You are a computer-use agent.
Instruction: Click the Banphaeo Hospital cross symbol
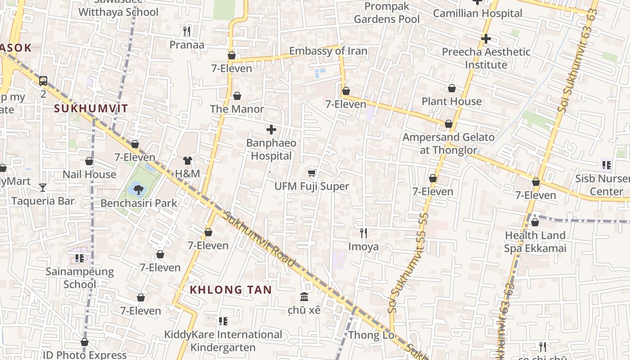click(271, 130)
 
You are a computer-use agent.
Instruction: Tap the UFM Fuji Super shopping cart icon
click(312, 173)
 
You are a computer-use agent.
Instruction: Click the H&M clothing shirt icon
click(188, 161)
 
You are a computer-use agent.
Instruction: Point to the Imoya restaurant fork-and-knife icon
click(364, 233)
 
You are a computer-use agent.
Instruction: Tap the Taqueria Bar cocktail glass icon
click(43, 187)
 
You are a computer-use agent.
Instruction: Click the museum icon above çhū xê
click(304, 297)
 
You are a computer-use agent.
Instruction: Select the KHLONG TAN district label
click(231, 290)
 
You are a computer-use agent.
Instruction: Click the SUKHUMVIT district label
click(91, 108)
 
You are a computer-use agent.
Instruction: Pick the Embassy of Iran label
click(328, 51)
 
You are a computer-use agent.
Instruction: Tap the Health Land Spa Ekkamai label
click(535, 242)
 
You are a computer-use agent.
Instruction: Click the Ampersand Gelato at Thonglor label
click(448, 144)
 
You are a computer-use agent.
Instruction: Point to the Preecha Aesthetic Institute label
click(486, 58)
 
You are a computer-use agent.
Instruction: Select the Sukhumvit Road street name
click(260, 239)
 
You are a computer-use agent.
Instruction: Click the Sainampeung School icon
click(80, 258)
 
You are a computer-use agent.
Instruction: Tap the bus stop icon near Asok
click(43, 81)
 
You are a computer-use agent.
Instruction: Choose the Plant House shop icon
click(452, 89)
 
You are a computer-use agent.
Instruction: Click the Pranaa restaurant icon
click(187, 31)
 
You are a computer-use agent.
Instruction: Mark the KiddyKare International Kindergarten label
click(223, 341)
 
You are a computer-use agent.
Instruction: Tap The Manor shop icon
click(237, 96)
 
